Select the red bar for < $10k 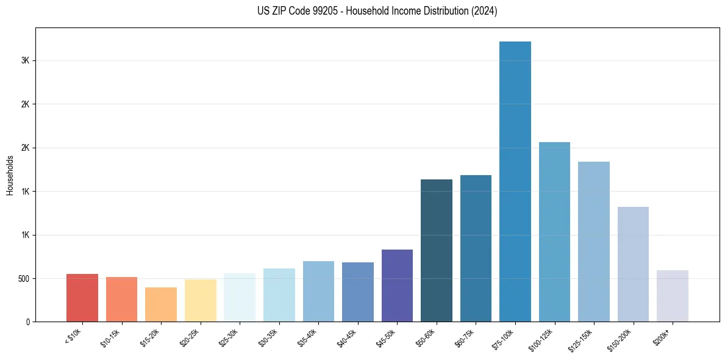pyautogui.click(x=82, y=298)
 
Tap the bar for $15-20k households pyautogui.click(x=161, y=304)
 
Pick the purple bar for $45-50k pyautogui.click(x=397, y=286)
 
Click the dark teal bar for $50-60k pyautogui.click(x=437, y=250)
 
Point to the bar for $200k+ pyautogui.click(x=673, y=296)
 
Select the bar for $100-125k pyautogui.click(x=554, y=232)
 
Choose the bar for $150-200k pyautogui.click(x=633, y=264)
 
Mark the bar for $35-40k pyautogui.click(x=318, y=291)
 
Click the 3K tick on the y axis pyautogui.click(x=25, y=61)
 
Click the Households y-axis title pyautogui.click(x=10, y=175)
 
